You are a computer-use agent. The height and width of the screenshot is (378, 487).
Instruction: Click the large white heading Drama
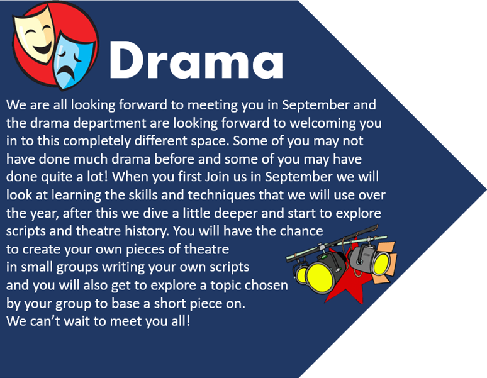point(196,60)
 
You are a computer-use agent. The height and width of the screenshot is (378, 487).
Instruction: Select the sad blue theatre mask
point(72,61)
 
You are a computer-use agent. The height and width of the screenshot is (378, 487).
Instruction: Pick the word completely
point(97,142)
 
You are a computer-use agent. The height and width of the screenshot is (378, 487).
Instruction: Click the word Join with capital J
point(218,177)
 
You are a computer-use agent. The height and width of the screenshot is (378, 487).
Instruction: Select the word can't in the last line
point(45,321)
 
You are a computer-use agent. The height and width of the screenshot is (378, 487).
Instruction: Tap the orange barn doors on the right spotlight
point(384,262)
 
